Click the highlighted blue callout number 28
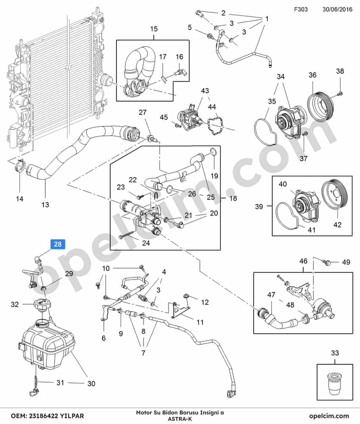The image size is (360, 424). coord(58,244)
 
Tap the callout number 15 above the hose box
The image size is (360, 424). coord(154,29)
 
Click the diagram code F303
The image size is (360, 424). coord(301,9)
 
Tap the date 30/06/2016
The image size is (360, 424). coord(337,9)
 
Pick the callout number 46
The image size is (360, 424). coord(303,261)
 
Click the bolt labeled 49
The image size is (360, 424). coord(326,261)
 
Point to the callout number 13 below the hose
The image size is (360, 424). coord(45,205)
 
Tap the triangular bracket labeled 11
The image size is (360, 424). coord(177,309)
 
